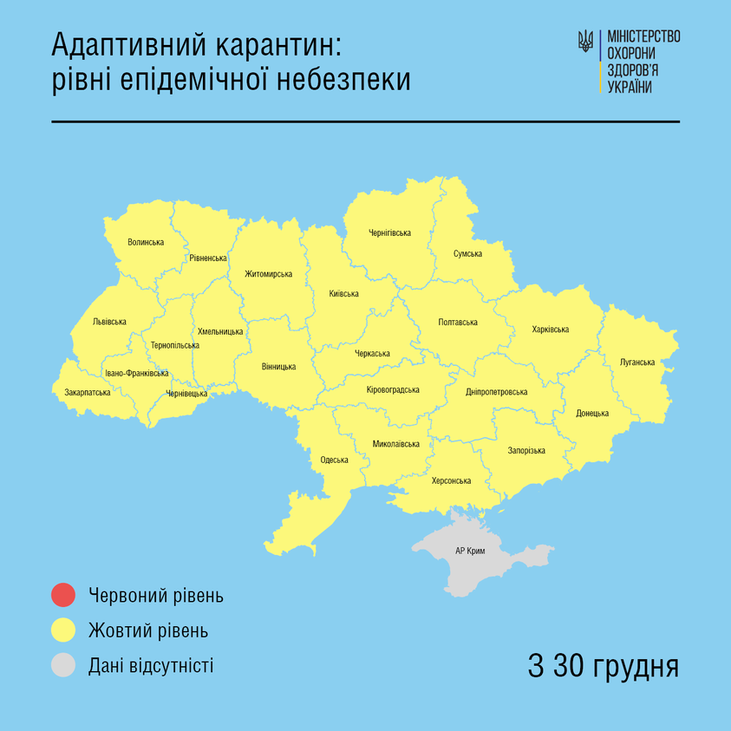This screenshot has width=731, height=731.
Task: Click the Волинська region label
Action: (145, 241)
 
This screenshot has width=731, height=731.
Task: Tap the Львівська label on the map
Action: (109, 322)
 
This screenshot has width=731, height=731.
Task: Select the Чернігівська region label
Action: (389, 232)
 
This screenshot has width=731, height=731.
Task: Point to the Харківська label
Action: (550, 330)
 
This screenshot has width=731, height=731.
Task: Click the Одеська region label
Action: (334, 460)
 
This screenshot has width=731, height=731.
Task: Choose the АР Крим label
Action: (470, 552)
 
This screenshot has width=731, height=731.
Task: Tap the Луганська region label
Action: (637, 362)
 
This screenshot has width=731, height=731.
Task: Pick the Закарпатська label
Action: (88, 392)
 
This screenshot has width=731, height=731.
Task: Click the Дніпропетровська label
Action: (496, 392)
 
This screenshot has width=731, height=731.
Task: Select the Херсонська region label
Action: (451, 480)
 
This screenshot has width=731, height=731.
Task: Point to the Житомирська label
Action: (267, 274)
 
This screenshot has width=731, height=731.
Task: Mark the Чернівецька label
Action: (186, 393)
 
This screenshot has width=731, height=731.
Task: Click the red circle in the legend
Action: (63, 595)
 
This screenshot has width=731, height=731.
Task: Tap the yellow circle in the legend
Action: (63, 630)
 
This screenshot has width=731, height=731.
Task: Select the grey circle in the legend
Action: (63, 666)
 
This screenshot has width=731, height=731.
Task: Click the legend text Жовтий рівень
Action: (147, 630)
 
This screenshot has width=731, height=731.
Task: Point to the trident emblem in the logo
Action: (586, 42)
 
